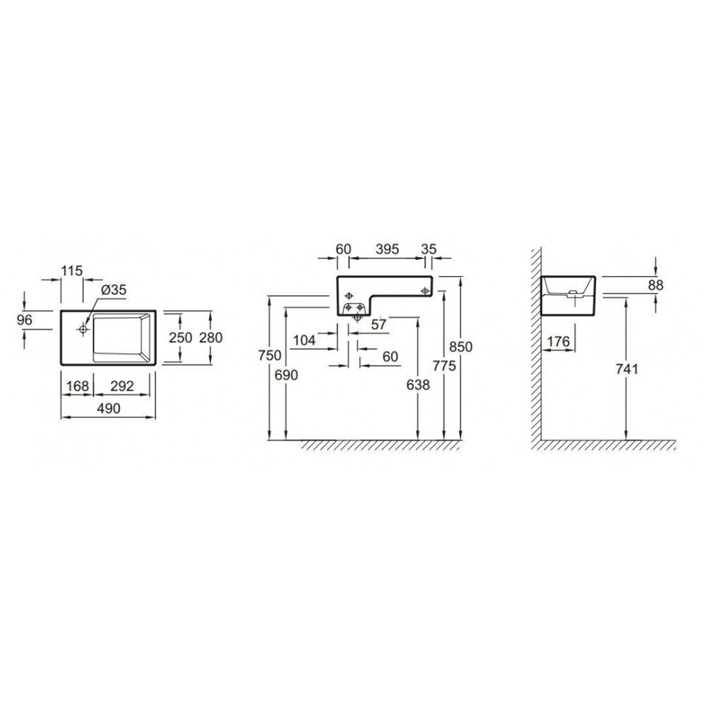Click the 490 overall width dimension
[x=109, y=408]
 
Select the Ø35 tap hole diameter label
[x=114, y=289]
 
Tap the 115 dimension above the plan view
[x=72, y=270]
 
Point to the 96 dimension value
[x=24, y=320]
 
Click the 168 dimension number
[x=78, y=386]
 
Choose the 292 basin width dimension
[x=122, y=386]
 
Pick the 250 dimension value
[x=181, y=337]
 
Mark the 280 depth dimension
[x=210, y=337]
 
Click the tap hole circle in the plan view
[x=83, y=329]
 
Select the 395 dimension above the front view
[x=387, y=249]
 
